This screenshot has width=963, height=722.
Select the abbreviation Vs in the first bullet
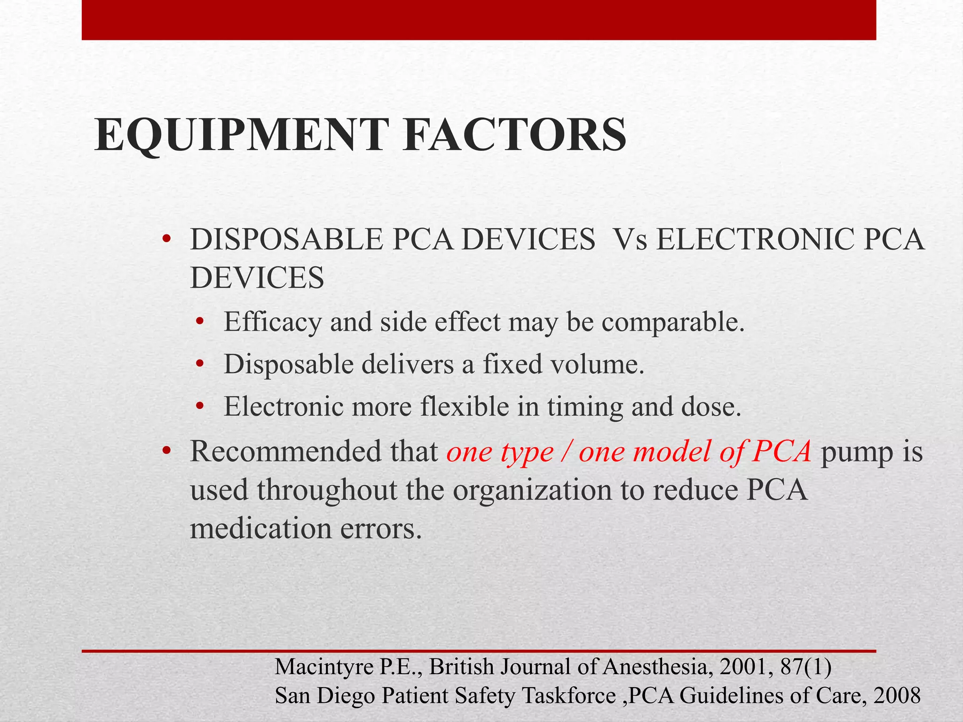[x=630, y=240]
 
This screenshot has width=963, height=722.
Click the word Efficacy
[x=272, y=323]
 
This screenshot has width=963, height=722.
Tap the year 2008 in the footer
[x=897, y=696]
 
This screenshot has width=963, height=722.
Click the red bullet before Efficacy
[x=200, y=323]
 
